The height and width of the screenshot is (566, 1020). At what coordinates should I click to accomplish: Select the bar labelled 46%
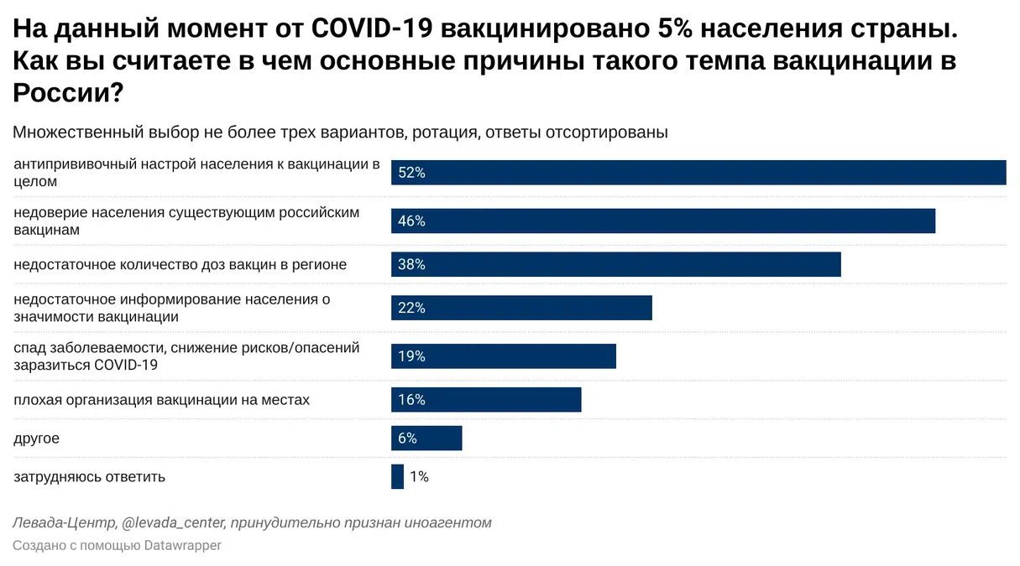tap(663, 221)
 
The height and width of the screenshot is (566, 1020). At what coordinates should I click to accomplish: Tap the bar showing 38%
tap(615, 264)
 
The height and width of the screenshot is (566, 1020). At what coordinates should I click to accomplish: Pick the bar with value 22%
tap(521, 308)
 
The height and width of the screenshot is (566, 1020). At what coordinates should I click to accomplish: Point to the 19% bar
tap(504, 356)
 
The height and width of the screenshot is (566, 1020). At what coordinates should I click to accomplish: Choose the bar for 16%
tap(486, 400)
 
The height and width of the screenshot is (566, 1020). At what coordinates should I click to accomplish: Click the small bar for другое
tap(426, 439)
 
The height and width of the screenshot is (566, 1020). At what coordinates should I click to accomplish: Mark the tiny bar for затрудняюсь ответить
tap(397, 476)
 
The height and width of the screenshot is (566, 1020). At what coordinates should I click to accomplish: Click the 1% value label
tap(419, 477)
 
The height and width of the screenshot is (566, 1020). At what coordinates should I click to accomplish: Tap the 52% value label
tap(412, 173)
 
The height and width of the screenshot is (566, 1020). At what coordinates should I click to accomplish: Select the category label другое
tap(36, 439)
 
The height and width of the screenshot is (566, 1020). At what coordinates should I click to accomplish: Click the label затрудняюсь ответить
tap(89, 477)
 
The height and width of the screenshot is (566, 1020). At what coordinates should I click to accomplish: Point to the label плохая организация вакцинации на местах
tap(161, 400)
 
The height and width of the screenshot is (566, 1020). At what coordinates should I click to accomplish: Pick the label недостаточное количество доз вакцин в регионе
tap(180, 265)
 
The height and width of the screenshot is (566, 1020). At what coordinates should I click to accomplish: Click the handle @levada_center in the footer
tap(173, 523)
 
